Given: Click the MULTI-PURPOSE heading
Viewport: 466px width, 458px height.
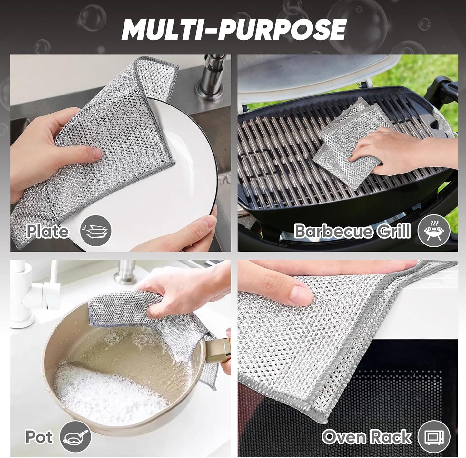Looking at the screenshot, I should [233, 30].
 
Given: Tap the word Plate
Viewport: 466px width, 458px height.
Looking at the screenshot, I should [47, 231].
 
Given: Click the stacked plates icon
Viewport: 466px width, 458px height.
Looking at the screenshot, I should [95, 231].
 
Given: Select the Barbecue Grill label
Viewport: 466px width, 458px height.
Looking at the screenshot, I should [352, 231].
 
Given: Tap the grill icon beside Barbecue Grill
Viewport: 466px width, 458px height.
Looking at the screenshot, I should [434, 231].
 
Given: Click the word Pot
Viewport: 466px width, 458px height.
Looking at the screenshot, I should [39, 437].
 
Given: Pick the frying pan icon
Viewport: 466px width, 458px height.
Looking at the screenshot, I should [75, 437].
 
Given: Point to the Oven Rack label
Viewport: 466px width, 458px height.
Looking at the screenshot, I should [366, 437].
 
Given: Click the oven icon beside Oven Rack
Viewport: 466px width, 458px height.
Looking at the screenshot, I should [434, 437].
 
